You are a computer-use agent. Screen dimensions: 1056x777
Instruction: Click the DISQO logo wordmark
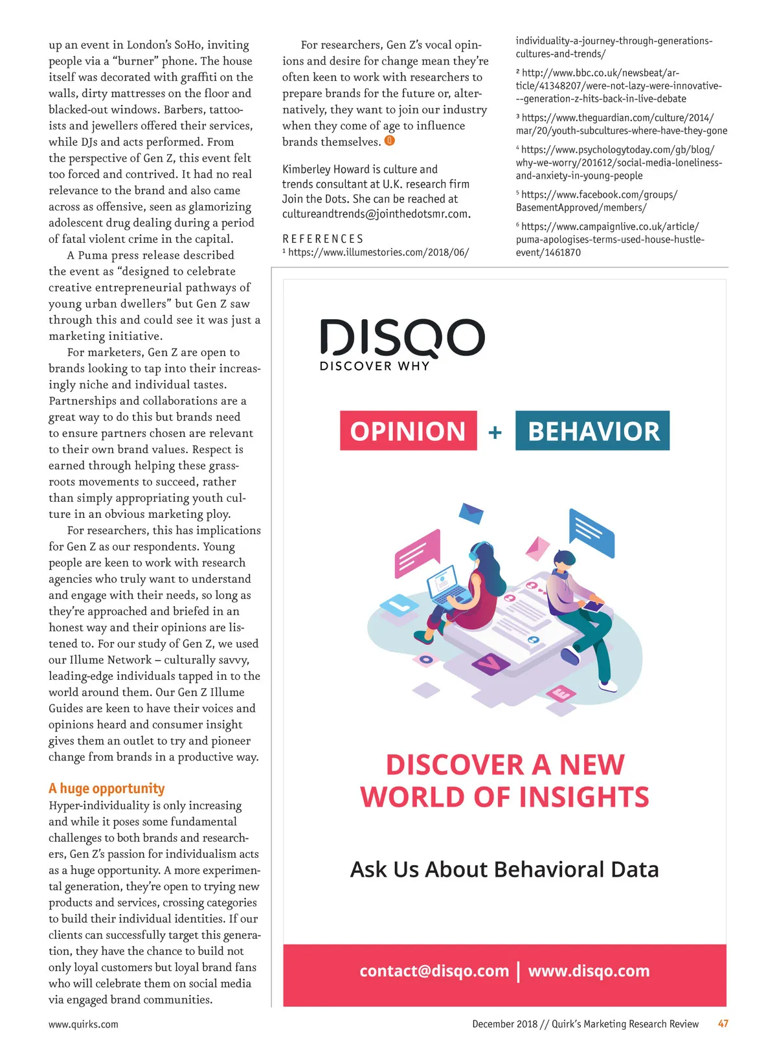[x=402, y=337]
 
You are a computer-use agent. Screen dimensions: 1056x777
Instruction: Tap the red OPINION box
[x=408, y=431]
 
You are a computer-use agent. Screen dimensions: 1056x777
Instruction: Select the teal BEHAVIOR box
[x=592, y=431]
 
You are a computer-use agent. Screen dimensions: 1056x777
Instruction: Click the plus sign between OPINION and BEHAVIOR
[x=495, y=432]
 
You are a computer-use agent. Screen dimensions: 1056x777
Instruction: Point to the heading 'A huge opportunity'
[x=107, y=788]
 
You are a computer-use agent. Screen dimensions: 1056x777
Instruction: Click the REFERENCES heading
[x=323, y=239]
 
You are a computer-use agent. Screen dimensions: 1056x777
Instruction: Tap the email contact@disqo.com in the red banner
[x=434, y=971]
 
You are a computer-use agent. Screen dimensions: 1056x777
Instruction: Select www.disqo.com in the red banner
[x=589, y=971]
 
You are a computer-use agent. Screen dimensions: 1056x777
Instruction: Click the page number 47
[x=723, y=1024]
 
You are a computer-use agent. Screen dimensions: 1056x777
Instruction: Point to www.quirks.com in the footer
[x=84, y=1024]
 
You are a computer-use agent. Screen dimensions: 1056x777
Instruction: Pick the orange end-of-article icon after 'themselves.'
[x=390, y=140]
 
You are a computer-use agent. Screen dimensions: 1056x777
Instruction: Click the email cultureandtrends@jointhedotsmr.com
[x=376, y=214]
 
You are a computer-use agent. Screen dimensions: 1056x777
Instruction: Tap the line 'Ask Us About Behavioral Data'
[x=504, y=869]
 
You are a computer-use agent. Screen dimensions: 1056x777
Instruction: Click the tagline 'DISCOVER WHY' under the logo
[x=374, y=366]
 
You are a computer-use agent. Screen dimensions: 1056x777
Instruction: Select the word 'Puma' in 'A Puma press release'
[x=93, y=255]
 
